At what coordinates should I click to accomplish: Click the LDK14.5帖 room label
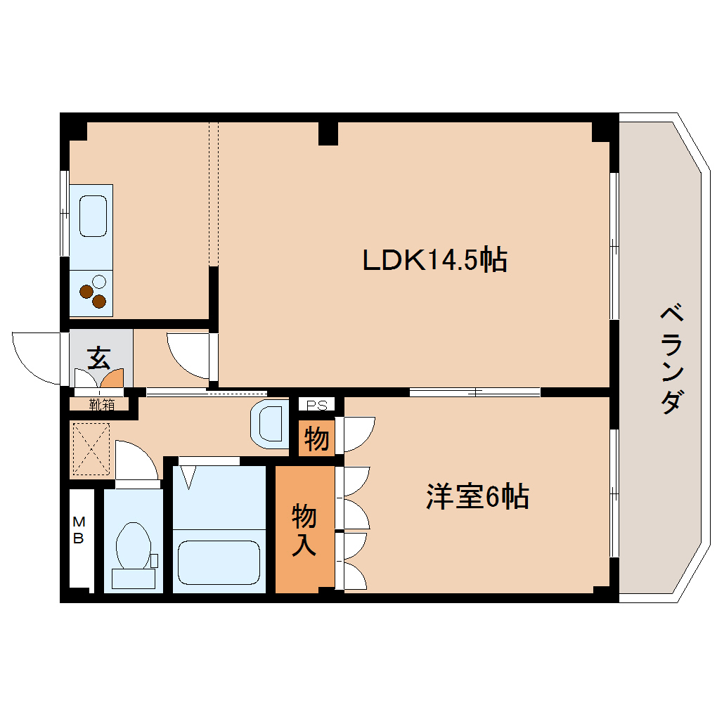point(434,261)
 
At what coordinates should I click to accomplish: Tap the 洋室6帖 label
point(477,498)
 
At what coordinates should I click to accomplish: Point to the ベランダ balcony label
point(671,358)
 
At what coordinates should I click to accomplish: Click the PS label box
point(316,405)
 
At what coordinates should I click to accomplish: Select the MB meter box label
point(79,531)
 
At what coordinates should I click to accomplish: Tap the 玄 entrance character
point(98,358)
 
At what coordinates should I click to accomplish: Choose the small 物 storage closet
point(316,439)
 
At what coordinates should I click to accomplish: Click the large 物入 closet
point(304,529)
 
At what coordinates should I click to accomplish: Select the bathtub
point(219,562)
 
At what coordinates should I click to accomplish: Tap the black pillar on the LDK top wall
point(328,132)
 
